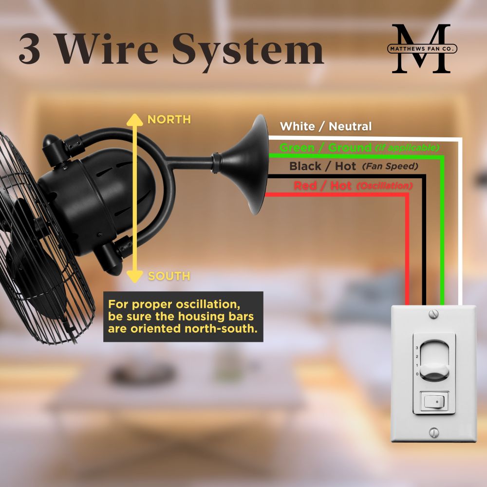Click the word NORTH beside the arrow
tap(169, 119)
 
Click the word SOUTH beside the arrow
tap(169, 276)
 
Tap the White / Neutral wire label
tap(325, 127)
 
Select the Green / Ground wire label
tap(325, 148)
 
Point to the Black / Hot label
tap(322, 166)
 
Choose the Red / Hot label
tap(322, 186)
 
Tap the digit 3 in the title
tap(30, 49)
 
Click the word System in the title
tap(248, 51)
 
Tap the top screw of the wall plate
tap(433, 314)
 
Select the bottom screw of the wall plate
tap(434, 432)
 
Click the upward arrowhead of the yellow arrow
tap(135, 120)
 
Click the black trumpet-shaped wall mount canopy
tap(245, 165)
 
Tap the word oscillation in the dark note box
tap(208, 304)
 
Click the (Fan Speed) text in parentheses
tap(390, 167)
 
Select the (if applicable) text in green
tap(407, 148)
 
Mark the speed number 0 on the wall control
tap(417, 374)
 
